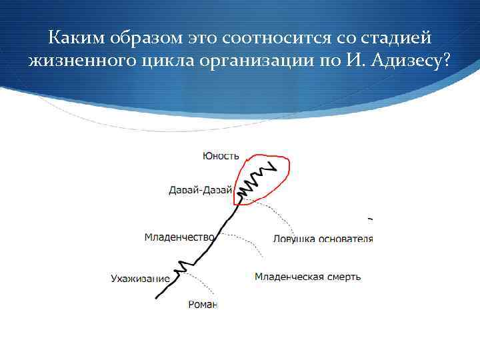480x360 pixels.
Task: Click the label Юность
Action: pyautogui.click(x=221, y=156)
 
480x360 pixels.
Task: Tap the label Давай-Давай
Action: pyautogui.click(x=200, y=190)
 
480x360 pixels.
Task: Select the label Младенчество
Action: pyautogui.click(x=179, y=237)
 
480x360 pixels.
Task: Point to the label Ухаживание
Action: pyautogui.click(x=140, y=278)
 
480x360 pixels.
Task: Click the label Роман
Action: pyautogui.click(x=203, y=305)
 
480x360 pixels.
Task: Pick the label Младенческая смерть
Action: pyautogui.click(x=307, y=277)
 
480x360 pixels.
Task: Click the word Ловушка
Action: pyautogui.click(x=293, y=239)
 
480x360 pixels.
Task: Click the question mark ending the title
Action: pyautogui.click(x=445, y=62)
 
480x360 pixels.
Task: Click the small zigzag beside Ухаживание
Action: pyautogui.click(x=182, y=268)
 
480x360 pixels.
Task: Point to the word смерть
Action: pyautogui.click(x=344, y=277)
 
